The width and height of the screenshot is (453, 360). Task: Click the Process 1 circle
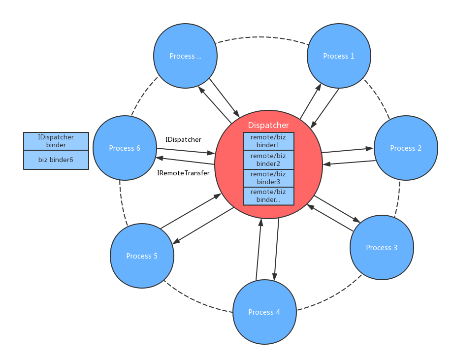coord(339,56)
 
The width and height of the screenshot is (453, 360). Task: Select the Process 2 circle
coord(406,148)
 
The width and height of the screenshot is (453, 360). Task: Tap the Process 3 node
coord(382,247)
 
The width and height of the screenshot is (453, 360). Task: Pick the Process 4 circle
coord(264,312)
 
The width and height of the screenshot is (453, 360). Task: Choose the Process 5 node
coord(142,256)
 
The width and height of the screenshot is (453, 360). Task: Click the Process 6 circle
coord(125,148)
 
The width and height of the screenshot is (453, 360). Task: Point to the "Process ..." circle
coord(185,56)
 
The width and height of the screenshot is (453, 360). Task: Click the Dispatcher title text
coord(268,125)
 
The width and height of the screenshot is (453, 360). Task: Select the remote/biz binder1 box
coord(268,141)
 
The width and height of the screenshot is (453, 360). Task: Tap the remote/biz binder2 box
coord(268,160)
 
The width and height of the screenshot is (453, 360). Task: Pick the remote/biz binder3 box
coord(268,178)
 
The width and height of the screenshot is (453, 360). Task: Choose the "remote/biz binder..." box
coord(268,196)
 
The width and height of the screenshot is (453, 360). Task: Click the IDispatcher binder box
coord(56,141)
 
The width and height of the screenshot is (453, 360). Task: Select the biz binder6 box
coord(56,160)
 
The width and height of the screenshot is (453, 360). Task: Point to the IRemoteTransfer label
coord(183,173)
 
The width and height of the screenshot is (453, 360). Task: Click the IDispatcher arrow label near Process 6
coord(183,139)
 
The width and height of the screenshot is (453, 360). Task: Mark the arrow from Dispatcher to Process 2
coord(347,150)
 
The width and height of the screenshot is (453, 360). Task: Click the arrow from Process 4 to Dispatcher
coord(259,249)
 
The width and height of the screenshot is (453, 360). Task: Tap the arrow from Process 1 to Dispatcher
coord(325,107)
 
